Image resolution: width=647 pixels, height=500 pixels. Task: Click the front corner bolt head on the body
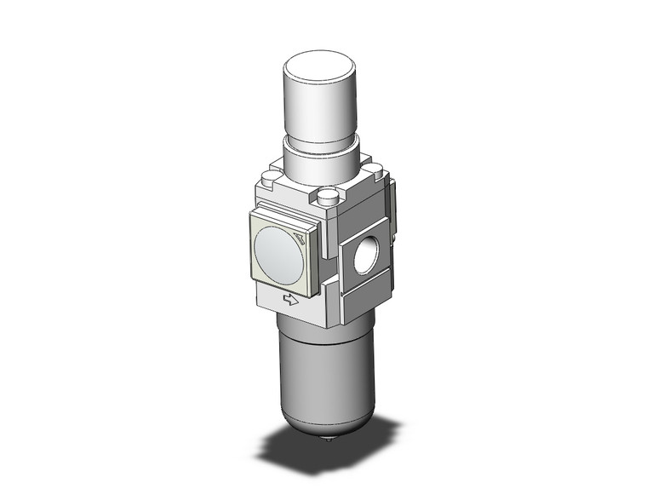click(x=327, y=198)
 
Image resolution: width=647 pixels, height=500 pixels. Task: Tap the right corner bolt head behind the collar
click(x=372, y=167)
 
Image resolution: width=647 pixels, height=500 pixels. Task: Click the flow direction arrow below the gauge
click(x=291, y=299)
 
